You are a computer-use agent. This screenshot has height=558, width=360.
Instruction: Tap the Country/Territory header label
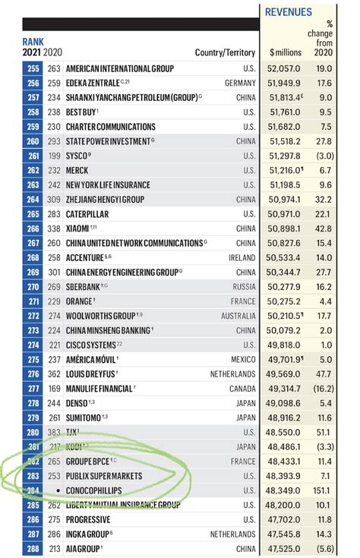[x=226, y=52]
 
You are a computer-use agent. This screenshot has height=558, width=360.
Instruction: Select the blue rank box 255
[x=32, y=68]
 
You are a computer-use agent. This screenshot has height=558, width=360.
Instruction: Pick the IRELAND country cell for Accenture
[x=241, y=257]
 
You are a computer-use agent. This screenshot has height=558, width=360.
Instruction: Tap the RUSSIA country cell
[x=244, y=287]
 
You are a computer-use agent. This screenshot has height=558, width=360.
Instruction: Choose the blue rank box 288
[x=32, y=549]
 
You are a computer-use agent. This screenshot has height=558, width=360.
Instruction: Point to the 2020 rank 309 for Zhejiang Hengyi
[x=53, y=199]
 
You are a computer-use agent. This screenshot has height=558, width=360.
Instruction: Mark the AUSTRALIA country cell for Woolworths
[x=238, y=316]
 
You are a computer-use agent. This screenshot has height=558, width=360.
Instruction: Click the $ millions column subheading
[x=286, y=52]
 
